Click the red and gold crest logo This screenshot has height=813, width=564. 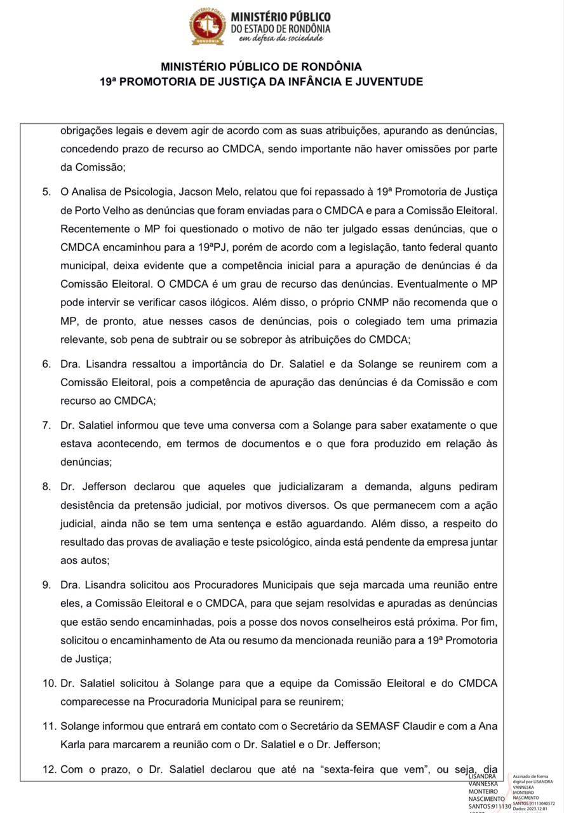point(208,27)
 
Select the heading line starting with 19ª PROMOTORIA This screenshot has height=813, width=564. point(261,82)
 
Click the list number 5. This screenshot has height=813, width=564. point(46,191)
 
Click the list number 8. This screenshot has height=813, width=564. point(46,487)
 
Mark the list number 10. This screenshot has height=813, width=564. point(49,683)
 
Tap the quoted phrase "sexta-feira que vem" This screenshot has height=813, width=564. point(369,769)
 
